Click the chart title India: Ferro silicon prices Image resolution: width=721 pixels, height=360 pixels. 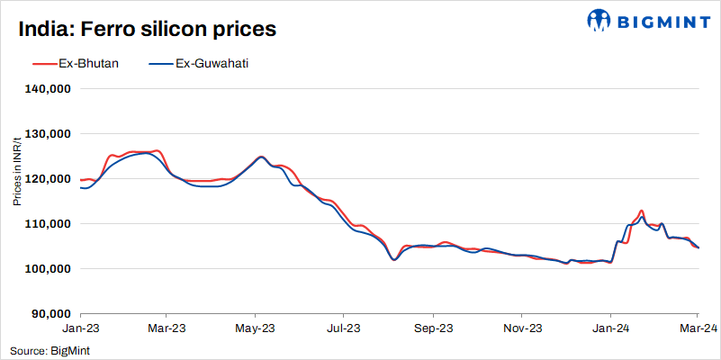[x=147, y=29]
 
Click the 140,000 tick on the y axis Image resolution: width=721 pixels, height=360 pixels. [x=50, y=89]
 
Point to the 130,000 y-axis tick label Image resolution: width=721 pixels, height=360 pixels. [x=50, y=134]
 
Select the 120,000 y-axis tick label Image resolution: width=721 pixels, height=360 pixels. [x=50, y=179]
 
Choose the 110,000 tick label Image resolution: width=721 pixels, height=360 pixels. [x=50, y=223]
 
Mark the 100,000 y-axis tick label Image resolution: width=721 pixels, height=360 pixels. [x=50, y=268]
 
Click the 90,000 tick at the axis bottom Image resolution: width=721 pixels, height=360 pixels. [x=53, y=313]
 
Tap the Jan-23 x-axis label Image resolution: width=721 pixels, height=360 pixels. [x=79, y=328]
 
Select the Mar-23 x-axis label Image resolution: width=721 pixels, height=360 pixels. [x=167, y=328]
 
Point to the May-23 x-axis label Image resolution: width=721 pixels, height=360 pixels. [x=255, y=328]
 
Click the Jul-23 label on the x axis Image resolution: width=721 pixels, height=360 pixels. [x=344, y=328]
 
